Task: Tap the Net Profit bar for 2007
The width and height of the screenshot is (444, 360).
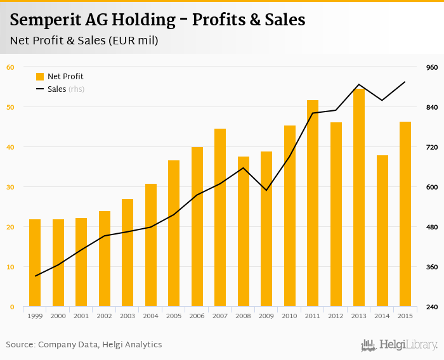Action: [x=220, y=218]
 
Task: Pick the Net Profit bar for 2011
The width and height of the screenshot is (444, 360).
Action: [x=313, y=203]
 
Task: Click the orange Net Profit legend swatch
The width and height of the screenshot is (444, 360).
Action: [x=40, y=77]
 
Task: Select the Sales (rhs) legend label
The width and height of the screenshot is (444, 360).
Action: [x=66, y=89]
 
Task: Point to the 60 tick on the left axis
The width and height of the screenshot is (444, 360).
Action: [x=10, y=67]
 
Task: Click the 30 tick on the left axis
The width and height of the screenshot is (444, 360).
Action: [x=10, y=187]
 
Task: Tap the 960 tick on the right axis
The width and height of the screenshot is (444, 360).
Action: [x=432, y=67]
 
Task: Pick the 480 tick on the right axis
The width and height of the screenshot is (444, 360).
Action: [x=432, y=227]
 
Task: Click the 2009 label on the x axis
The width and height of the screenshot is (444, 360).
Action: [x=266, y=316]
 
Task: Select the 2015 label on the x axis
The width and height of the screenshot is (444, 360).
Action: [x=405, y=316]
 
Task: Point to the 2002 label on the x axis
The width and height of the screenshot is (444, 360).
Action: [x=105, y=316]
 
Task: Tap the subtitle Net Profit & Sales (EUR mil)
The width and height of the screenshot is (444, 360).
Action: [x=84, y=41]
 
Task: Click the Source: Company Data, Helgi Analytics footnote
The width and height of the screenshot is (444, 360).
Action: [x=84, y=345]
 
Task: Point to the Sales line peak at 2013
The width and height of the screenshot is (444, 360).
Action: [x=359, y=84]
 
